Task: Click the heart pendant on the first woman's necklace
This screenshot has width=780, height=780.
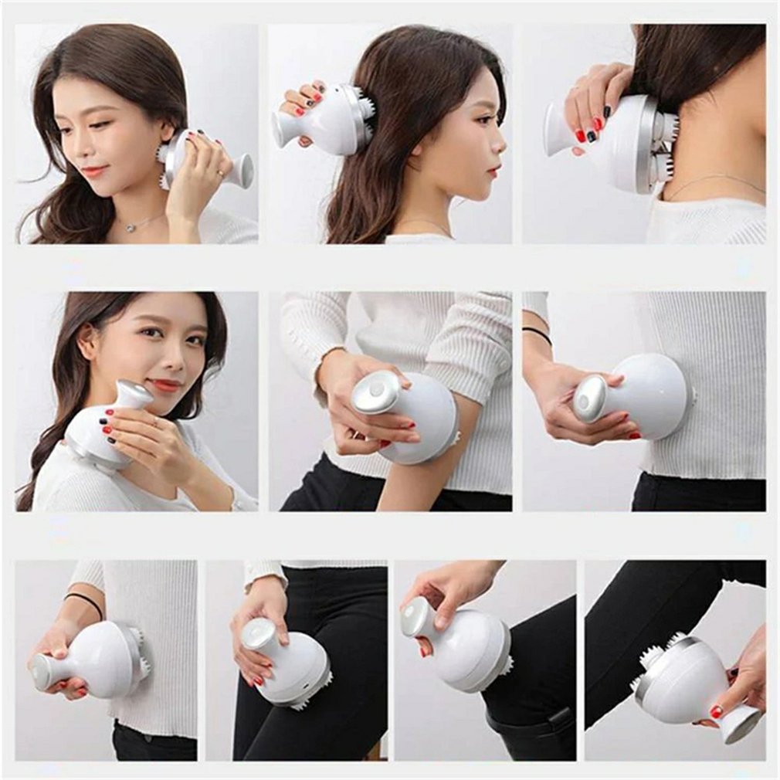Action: point(133,227)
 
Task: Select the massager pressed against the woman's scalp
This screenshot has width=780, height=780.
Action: point(324,120)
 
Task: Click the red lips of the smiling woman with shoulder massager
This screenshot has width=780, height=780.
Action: point(165,385)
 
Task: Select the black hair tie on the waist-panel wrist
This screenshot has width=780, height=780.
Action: point(537,335)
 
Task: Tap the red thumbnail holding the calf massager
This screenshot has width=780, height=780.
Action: point(716,710)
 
